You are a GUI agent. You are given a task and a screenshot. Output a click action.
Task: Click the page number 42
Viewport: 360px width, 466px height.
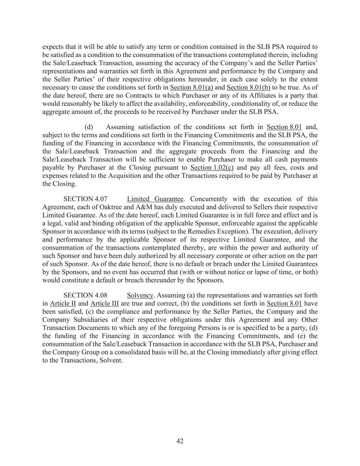(180, 441)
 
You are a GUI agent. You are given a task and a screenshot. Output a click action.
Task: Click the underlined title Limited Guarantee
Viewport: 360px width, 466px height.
(155, 199)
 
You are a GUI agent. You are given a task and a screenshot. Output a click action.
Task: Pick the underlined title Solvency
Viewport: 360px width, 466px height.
(140, 295)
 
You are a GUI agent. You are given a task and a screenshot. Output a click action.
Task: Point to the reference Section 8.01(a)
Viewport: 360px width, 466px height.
(191, 87)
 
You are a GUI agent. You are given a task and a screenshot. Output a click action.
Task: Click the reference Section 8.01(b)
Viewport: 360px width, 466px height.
(248, 87)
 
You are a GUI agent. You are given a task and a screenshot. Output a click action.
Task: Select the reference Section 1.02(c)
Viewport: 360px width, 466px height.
(212, 168)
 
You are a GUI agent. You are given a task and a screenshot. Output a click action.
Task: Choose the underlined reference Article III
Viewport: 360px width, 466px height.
(104, 303)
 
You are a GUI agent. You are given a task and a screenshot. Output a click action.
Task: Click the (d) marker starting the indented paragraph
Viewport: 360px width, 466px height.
(89, 127)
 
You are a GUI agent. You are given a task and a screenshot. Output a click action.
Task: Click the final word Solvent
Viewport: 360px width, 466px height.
(111, 361)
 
